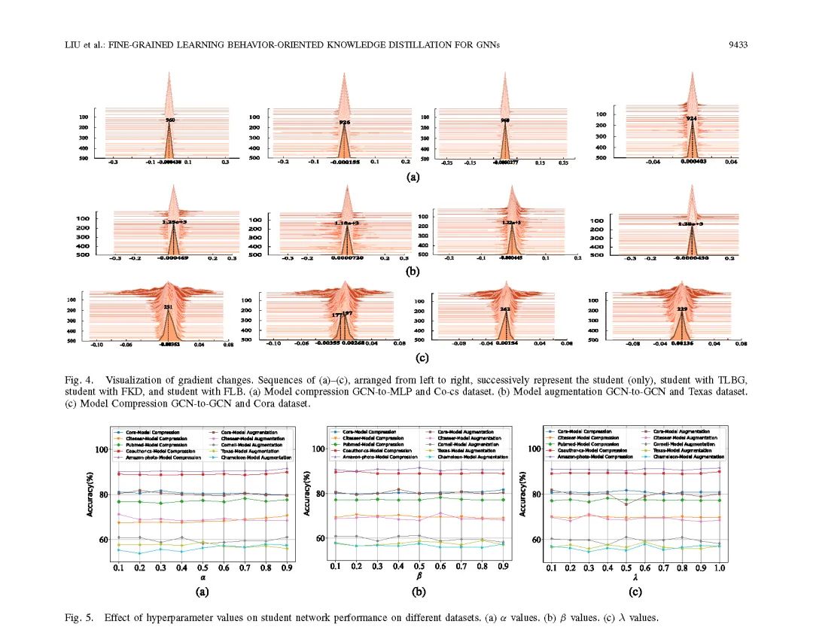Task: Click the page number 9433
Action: coord(738,45)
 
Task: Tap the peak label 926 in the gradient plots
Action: coord(345,122)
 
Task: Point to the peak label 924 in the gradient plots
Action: coord(692,119)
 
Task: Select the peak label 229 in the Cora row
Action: coord(681,309)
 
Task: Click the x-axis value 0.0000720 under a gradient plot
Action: coord(347,258)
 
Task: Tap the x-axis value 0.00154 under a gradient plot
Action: coord(507,343)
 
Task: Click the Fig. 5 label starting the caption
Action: coord(77,618)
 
